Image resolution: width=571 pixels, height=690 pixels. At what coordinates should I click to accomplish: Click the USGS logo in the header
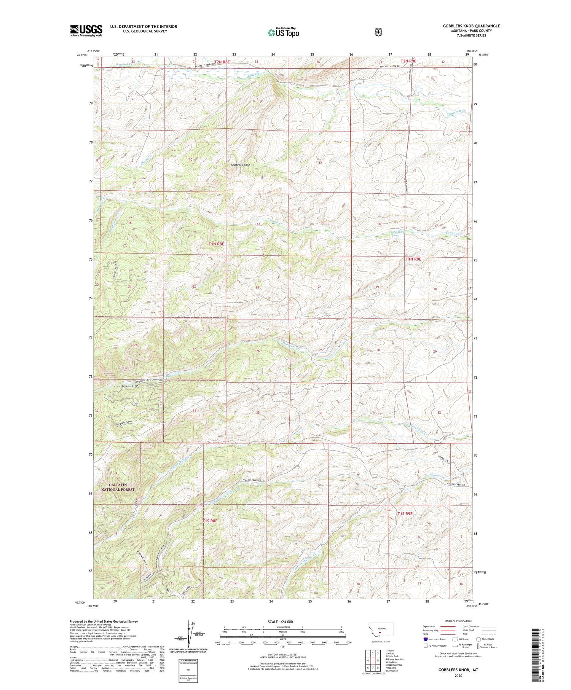86,30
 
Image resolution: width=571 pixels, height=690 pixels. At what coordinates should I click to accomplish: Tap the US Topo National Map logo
284,32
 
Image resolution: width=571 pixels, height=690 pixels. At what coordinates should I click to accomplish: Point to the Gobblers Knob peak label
241,165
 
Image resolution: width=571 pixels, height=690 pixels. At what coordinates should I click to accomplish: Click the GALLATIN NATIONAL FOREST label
118,487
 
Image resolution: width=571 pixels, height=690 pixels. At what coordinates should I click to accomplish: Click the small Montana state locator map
381,629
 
